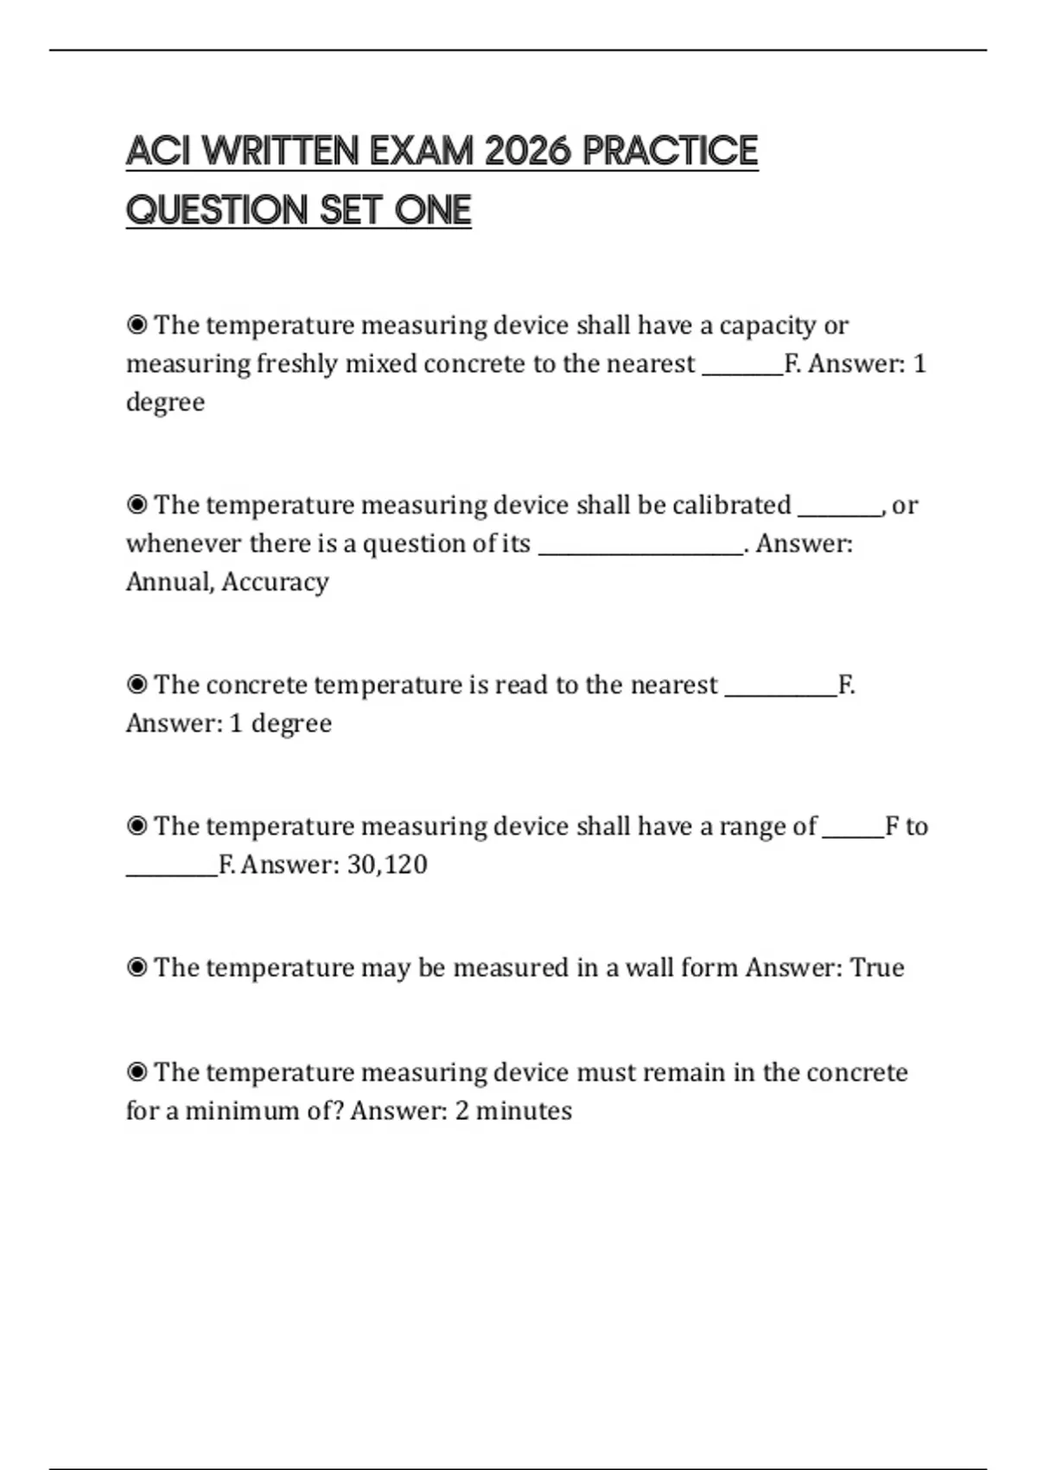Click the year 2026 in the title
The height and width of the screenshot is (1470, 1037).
click(x=527, y=151)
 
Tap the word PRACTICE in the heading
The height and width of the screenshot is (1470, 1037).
click(x=671, y=151)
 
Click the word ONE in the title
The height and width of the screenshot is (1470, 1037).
click(x=433, y=210)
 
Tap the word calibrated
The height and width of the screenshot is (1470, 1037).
click(x=731, y=505)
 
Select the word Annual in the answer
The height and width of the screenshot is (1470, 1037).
click(x=169, y=582)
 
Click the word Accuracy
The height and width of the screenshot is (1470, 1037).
click(x=275, y=582)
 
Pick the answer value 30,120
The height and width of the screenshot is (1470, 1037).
click(x=387, y=865)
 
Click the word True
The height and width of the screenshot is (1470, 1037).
click(x=877, y=968)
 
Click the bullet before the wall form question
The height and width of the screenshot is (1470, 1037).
click(x=137, y=968)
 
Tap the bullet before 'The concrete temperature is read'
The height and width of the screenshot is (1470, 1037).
click(x=137, y=685)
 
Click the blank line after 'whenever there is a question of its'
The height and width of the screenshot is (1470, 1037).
click(x=640, y=550)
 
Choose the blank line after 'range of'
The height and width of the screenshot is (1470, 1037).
click(x=853, y=834)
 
